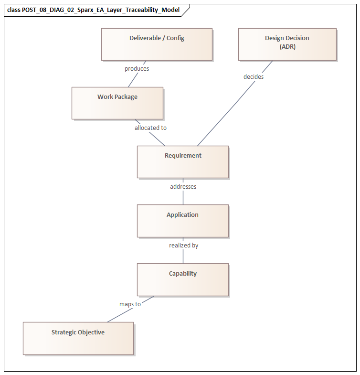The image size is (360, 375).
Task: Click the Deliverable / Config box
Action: pyautogui.click(x=157, y=44)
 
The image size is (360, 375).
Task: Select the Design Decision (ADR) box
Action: pyautogui.click(x=287, y=44)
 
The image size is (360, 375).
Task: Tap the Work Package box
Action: pyautogui.click(x=117, y=103)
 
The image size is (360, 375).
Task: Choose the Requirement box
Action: pyautogui.click(x=182, y=162)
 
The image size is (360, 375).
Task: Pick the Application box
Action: pyautogui.click(x=182, y=221)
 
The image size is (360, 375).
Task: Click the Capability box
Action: pyautogui.click(x=182, y=279)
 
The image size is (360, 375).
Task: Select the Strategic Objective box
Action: pyautogui.click(x=78, y=338)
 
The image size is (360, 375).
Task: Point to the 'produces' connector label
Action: pyautogui.click(x=137, y=69)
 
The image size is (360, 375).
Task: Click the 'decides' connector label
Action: pyautogui.click(x=254, y=76)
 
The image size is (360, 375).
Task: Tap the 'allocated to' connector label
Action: pyautogui.click(x=150, y=128)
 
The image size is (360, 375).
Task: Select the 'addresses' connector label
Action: pyautogui.click(x=183, y=187)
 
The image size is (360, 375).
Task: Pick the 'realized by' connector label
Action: pyautogui.click(x=183, y=246)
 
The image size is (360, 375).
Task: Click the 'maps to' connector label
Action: pyautogui.click(x=130, y=304)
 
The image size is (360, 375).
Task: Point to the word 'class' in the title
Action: pyautogui.click(x=13, y=10)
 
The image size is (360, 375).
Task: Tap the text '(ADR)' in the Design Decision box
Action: pyautogui.click(x=287, y=46)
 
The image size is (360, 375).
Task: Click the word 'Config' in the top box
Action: pyautogui.click(x=175, y=38)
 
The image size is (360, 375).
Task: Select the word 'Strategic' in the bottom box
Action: pyautogui.click(x=64, y=332)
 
